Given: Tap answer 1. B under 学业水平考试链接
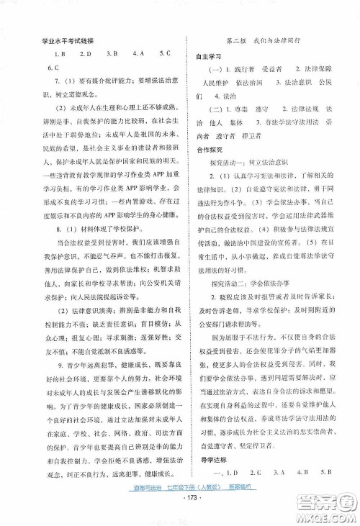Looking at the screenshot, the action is (60, 54).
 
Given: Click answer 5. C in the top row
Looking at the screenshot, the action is (163, 54).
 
